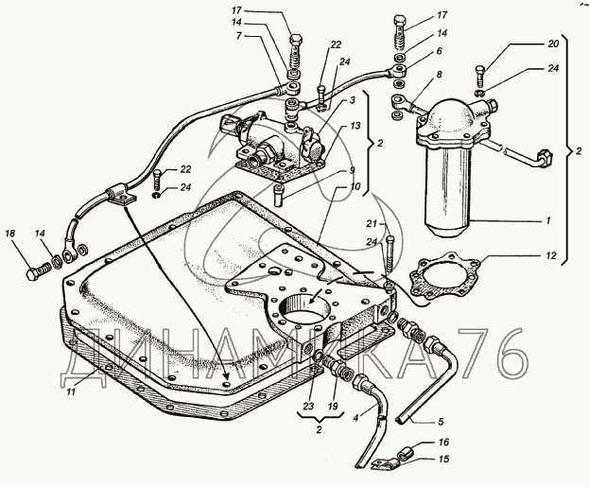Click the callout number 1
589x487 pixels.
point(548,221)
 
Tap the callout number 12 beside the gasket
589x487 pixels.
point(550,256)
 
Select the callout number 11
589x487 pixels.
point(71,391)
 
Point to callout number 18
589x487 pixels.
point(10,234)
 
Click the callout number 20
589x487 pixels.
point(553,43)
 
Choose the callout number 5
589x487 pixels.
point(441,421)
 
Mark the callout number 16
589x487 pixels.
point(443,443)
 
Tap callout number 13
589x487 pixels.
point(355,125)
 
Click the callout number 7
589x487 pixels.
point(238,37)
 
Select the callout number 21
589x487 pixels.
point(372,224)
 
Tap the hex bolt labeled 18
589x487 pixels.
point(38,272)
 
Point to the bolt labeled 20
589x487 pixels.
point(479,75)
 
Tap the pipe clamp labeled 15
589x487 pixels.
point(384,464)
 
